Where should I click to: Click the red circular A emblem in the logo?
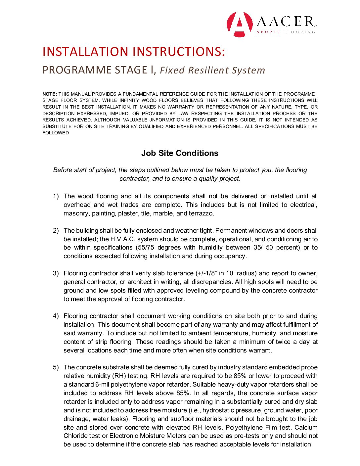pos(240,24)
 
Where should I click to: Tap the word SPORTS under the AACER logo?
pos(268,32)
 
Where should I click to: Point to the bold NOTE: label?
pos(50,94)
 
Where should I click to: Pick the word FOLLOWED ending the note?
pos(56,133)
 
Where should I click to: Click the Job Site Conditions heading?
pos(180,153)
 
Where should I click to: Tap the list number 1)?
pos(56,196)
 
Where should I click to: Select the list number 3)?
pos(56,273)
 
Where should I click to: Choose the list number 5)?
pos(56,367)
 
